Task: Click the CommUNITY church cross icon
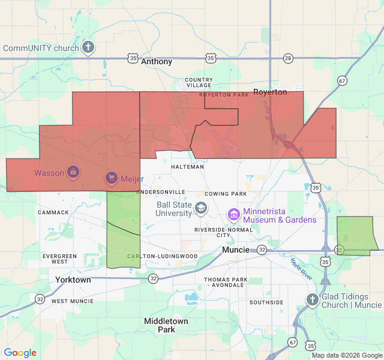click(88, 47)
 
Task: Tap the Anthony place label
click(157, 62)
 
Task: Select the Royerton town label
click(270, 92)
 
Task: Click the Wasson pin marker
click(73, 173)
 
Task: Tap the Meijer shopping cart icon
click(111, 178)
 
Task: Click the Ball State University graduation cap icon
click(200, 209)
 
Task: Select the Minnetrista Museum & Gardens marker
click(234, 214)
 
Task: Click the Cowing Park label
click(226, 194)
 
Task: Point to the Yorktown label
click(73, 280)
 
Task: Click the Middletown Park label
click(166, 325)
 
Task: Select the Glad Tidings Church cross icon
click(312, 300)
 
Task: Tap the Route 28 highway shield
click(289, 58)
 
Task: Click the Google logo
click(20, 353)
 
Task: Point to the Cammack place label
click(53, 212)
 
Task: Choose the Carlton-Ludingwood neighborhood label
click(162, 256)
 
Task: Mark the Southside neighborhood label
click(266, 302)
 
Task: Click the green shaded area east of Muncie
click(356, 235)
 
